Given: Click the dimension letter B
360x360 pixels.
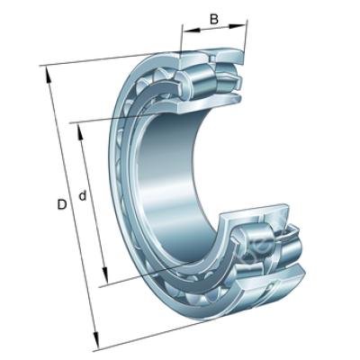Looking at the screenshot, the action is [x=214, y=19].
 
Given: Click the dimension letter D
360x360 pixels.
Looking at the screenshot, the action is [x=61, y=204].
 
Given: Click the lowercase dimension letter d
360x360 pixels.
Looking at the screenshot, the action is [x=83, y=195].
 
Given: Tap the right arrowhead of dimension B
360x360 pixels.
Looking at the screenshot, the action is [x=238, y=26].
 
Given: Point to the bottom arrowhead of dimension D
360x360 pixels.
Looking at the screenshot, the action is [x=96, y=341].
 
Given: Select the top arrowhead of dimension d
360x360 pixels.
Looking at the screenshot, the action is [x=80, y=132].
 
